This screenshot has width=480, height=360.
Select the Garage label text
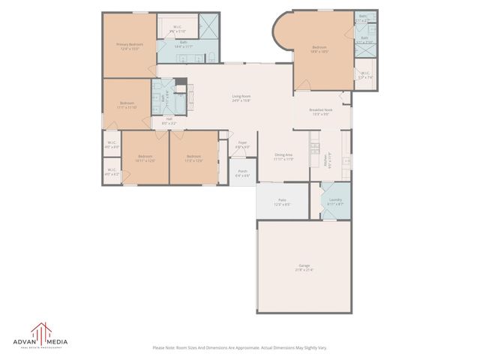coord(304,267)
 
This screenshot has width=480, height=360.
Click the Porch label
coord(243,173)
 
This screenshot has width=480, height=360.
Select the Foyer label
coord(243,144)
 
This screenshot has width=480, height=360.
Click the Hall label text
coord(169,121)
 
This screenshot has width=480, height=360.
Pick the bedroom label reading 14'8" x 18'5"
coord(321,49)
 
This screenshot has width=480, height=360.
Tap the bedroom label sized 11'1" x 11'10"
coord(127,105)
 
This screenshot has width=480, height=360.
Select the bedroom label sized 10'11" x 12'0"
coord(145,158)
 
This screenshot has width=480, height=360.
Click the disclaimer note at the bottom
coord(240,347)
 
